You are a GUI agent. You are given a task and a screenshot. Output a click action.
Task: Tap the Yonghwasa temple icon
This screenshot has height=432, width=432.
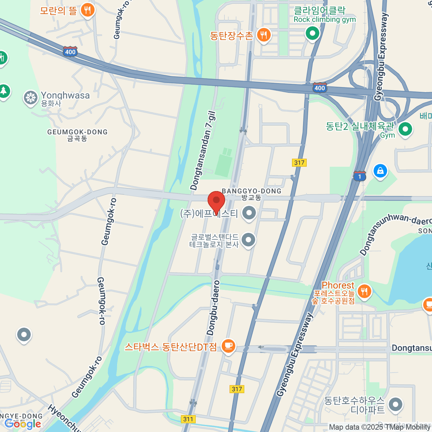click(31, 98)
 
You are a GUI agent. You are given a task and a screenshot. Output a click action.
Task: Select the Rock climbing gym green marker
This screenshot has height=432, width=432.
click(312, 33)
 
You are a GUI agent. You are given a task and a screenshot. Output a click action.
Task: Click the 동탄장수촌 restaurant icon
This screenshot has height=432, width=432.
click(264, 35)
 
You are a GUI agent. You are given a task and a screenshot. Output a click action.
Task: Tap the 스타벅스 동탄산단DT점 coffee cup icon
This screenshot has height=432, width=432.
click(228, 346)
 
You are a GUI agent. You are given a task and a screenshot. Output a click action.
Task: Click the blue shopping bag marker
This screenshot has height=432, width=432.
click(380, 171)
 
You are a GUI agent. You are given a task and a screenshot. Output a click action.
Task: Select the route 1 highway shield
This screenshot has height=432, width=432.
click(359, 176)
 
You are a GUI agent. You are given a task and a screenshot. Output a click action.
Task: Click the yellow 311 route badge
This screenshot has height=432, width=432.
click(188, 419)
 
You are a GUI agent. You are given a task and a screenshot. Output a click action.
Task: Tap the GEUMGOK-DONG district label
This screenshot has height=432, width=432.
click(77, 135)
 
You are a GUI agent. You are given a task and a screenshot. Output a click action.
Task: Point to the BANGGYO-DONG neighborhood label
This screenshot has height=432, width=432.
click(251, 194)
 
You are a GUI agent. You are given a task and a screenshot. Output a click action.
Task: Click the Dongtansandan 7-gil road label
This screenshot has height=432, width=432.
click(203, 151)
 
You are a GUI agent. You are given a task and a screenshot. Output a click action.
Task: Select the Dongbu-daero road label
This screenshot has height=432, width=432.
click(213, 308)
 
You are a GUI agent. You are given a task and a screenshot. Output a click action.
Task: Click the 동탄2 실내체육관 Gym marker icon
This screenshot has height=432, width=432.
click(405, 129)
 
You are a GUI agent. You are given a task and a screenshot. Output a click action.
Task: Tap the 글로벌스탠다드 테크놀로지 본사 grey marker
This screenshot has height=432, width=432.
click(248, 239)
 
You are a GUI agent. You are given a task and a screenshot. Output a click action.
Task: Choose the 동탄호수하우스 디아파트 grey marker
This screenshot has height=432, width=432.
click(396, 404)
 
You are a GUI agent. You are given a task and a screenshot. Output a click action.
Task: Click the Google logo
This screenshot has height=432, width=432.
click(22, 424)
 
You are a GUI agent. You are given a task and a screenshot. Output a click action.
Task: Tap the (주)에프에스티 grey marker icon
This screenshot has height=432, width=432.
click(249, 213)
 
